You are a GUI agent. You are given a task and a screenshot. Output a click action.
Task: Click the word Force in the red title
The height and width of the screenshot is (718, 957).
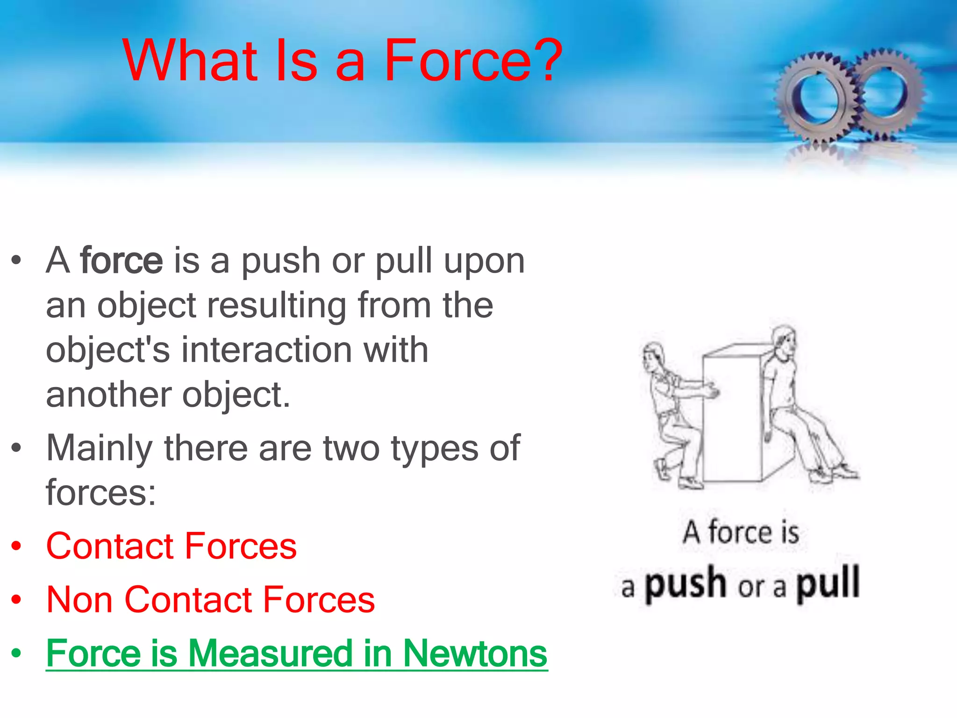457,61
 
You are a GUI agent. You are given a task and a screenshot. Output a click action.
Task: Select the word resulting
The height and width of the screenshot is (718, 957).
276,305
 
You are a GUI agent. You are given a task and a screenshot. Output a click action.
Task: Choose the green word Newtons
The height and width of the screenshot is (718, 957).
475,653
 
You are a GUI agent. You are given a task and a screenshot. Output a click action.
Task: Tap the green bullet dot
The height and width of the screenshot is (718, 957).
17,653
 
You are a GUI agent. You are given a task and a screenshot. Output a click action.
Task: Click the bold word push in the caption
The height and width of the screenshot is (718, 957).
686,584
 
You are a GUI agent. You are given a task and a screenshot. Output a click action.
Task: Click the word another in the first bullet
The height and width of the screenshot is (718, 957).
108,395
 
